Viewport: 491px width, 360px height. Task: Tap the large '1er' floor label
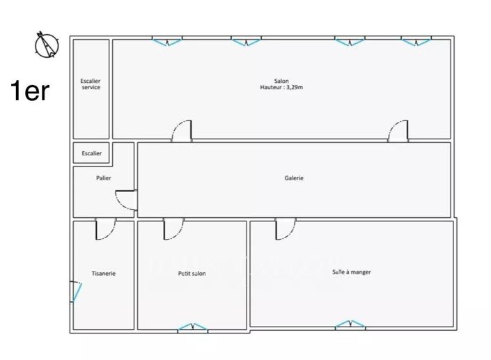pyautogui.click(x=29, y=91)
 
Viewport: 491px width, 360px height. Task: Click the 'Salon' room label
pyautogui.click(x=281, y=81)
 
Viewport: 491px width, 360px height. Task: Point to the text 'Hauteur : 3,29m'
pyautogui.click(x=281, y=88)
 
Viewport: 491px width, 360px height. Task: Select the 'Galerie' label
pyautogui.click(x=294, y=178)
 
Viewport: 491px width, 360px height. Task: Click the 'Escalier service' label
pyautogui.click(x=91, y=84)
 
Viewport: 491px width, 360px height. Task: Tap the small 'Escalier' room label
pyautogui.click(x=91, y=153)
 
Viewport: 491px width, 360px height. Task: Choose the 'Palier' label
pyautogui.click(x=104, y=178)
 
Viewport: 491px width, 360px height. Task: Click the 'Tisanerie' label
pyautogui.click(x=103, y=274)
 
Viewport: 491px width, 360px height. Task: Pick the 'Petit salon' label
pyautogui.click(x=192, y=274)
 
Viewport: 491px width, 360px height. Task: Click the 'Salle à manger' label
pyautogui.click(x=351, y=272)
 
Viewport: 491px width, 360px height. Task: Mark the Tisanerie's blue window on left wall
pyautogui.click(x=75, y=291)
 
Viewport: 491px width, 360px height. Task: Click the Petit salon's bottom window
pyautogui.click(x=192, y=327)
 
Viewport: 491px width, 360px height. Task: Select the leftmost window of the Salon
pyautogui.click(x=167, y=42)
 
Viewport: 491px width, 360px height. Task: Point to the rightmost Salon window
pyautogui.click(x=416, y=42)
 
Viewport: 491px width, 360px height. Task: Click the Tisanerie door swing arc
pyautogui.click(x=104, y=230)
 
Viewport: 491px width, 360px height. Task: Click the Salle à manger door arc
pyautogui.click(x=286, y=230)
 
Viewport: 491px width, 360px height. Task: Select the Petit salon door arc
pyautogui.click(x=173, y=230)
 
